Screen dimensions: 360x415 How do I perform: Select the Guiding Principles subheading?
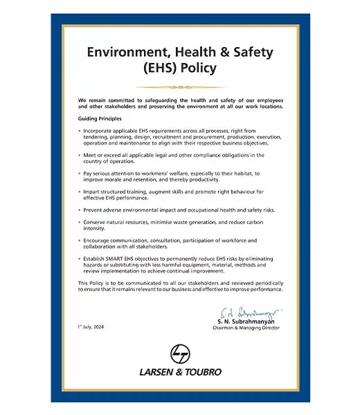tap(100, 119)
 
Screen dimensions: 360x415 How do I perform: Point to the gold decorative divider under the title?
tap(179, 87)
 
